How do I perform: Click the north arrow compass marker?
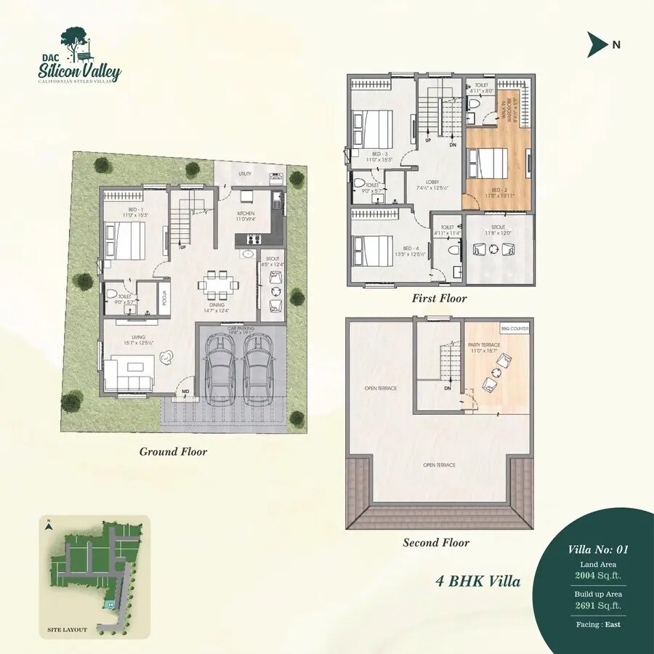point(597,44)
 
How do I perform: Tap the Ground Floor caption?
point(173,452)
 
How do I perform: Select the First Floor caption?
point(439,298)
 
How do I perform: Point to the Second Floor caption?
point(436,542)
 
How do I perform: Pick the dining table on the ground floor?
point(216,284)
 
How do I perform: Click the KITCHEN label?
point(246,214)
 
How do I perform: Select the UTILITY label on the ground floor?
point(245,174)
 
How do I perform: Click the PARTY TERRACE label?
point(484,345)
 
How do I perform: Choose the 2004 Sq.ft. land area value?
point(598,576)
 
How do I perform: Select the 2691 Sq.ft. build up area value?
point(598,605)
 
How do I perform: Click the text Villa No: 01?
point(598,549)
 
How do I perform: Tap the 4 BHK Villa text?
point(477,581)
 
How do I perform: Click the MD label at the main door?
point(186,392)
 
